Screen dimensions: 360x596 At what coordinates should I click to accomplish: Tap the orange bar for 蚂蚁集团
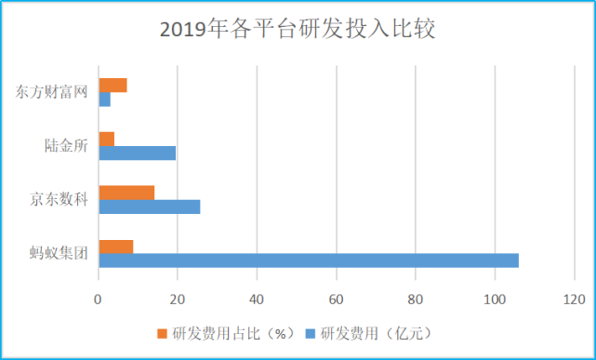pos(116,247)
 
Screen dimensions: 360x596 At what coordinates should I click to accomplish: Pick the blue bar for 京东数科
pos(150,207)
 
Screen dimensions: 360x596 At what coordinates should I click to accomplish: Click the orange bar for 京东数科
pos(126,193)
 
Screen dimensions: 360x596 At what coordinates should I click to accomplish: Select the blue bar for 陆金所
pos(137,153)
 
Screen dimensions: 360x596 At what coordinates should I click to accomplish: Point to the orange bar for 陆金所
pos(107,139)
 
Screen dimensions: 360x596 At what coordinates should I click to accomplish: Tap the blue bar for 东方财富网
pos(105,100)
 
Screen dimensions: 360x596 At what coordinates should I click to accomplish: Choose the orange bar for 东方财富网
pos(113,86)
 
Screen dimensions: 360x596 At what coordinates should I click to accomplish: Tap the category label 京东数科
pos(60,200)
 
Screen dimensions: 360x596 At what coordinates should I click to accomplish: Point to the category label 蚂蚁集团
pos(60,253)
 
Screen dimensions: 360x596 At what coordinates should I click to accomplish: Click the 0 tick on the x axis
pos(99,299)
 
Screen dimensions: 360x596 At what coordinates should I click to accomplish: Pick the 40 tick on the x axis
pos(257,299)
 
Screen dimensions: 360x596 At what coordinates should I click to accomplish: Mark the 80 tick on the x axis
pos(416,299)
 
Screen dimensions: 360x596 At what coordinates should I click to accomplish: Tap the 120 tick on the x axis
pos(574,299)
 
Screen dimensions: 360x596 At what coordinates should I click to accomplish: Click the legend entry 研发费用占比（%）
pos(230,332)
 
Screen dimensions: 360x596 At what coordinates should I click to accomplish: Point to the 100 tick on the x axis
pos(495,299)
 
